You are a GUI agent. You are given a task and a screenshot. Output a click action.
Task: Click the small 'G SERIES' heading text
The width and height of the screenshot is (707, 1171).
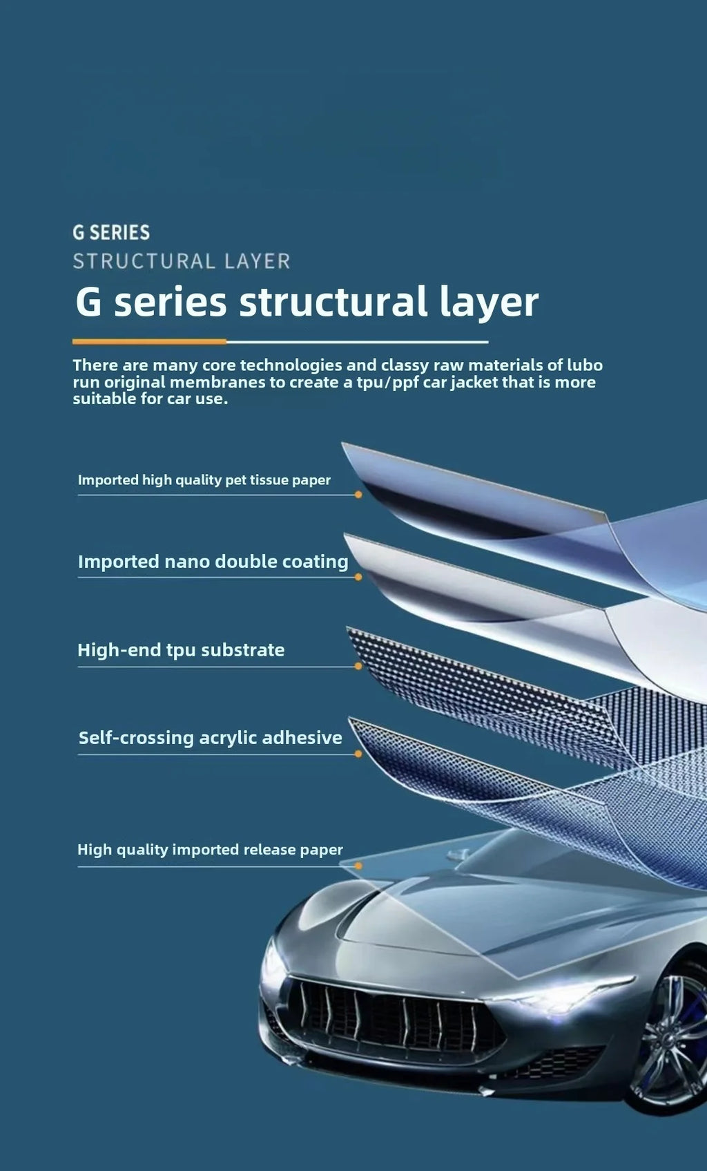[111, 232]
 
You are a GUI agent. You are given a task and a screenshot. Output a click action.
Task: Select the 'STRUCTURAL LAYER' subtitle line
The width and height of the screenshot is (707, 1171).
[182, 261]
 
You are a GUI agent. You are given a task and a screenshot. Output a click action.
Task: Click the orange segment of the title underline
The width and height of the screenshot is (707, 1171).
[149, 341]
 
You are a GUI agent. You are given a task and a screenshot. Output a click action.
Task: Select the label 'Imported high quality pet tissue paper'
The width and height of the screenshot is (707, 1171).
[204, 480]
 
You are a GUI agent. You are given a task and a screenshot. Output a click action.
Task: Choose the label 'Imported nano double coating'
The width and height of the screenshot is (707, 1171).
[213, 562]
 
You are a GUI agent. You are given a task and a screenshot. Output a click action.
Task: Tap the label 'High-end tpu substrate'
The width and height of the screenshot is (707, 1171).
[181, 650]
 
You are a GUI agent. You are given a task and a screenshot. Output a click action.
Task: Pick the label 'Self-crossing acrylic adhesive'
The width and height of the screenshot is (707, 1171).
[210, 738]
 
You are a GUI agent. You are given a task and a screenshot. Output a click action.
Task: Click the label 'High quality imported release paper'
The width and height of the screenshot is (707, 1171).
[210, 850]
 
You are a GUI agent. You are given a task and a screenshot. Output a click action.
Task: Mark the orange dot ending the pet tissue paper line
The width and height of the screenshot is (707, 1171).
[358, 495]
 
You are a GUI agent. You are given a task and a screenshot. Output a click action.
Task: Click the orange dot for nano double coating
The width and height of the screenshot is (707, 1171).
[358, 577]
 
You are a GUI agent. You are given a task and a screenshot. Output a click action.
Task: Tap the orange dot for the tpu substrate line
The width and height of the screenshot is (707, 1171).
[358, 666]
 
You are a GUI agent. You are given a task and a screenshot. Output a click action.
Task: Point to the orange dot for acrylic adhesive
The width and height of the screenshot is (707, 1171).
[358, 754]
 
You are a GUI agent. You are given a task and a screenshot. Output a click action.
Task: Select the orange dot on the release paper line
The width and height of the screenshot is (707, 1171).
[358, 866]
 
